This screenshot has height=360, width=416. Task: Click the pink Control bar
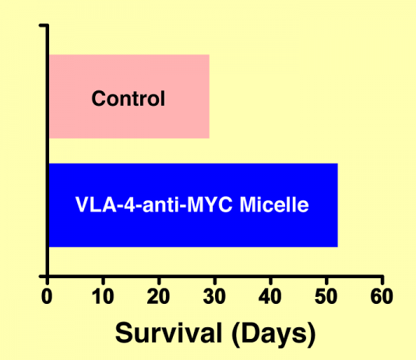129,97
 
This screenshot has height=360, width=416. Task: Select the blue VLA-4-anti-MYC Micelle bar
193,205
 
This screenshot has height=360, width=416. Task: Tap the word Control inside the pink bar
128,98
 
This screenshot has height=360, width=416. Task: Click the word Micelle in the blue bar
274,204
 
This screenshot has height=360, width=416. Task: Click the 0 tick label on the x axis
47,296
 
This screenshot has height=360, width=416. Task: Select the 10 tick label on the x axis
103,296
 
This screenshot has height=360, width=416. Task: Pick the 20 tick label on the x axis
158,296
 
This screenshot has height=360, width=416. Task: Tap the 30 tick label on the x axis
214,296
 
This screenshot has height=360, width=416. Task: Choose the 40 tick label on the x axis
270,296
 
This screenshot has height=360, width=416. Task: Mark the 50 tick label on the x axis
326,296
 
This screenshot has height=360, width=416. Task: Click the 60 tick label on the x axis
382,296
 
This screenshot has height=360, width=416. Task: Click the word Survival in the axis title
169,333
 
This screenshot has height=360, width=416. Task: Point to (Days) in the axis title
273,334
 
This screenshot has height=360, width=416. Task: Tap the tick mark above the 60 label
383,281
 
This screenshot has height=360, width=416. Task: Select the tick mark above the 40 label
270,281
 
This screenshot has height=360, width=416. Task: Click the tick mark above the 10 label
103,281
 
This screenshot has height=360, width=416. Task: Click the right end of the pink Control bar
209,97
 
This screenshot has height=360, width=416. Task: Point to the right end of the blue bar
337,205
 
